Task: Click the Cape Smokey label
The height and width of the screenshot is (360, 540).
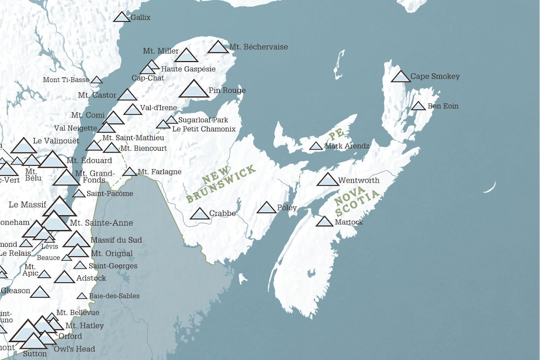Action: tap(435, 76)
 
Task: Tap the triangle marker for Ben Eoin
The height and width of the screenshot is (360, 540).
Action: tap(418, 106)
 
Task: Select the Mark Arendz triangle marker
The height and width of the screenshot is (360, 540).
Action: tap(316, 146)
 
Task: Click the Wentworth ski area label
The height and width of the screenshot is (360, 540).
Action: tap(359, 180)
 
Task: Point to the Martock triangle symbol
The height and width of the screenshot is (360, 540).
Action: tap(324, 222)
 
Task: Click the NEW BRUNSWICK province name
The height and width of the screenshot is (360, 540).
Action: tap(221, 184)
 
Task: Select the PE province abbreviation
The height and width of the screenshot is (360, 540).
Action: tap(337, 135)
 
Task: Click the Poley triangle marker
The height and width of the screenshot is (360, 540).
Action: tap(266, 208)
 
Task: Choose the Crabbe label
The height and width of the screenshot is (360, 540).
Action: tap(222, 214)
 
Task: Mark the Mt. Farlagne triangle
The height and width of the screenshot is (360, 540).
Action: tap(130, 172)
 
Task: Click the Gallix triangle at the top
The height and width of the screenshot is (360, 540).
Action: tap(122, 18)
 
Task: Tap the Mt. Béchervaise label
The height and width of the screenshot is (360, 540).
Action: tap(258, 47)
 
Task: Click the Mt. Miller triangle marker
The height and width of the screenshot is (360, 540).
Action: tap(186, 56)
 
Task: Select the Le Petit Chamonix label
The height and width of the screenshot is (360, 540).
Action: tap(204, 129)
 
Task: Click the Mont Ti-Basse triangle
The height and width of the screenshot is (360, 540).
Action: tap(97, 81)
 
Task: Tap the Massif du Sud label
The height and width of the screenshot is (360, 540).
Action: tap(116, 240)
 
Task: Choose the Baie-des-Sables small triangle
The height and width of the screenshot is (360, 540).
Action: tap(82, 297)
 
